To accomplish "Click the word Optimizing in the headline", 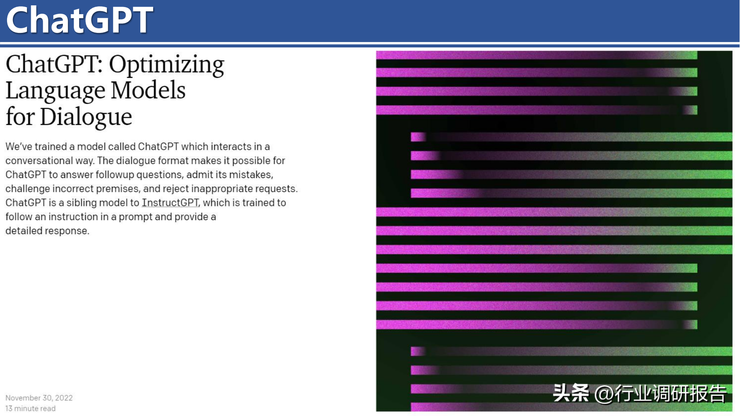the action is tap(166, 65).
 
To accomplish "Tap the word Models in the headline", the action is tap(148, 90).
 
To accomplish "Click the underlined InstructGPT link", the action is tap(170, 203).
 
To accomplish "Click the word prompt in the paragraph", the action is tap(135, 217).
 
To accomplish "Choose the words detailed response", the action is tap(47, 231).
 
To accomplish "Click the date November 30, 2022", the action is tap(39, 398).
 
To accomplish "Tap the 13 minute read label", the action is tap(30, 409).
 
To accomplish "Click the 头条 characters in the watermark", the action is tap(571, 393).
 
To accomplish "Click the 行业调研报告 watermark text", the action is tap(671, 394).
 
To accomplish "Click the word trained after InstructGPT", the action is tap(258, 203).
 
